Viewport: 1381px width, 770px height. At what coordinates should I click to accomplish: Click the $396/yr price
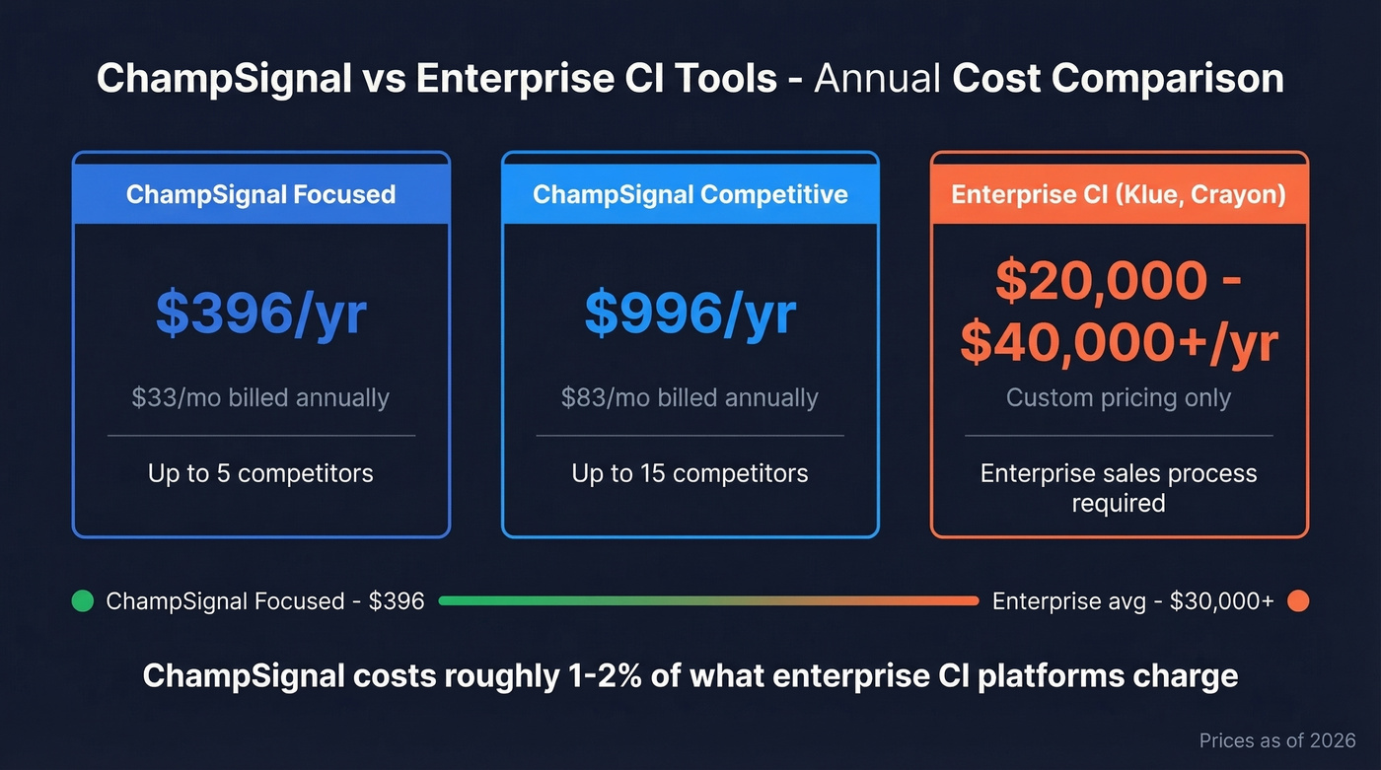pos(260,315)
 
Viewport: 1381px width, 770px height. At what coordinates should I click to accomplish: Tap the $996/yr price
pos(690,315)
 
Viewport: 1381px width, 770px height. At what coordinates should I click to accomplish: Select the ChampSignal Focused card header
pos(260,193)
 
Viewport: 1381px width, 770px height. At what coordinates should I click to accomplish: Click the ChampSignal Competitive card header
pos(690,193)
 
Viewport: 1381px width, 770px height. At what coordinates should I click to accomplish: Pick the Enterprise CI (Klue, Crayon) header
pos(1119,193)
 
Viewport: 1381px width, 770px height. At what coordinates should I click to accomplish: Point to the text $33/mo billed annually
pos(260,398)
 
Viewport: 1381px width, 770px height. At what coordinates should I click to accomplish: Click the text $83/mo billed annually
pos(690,398)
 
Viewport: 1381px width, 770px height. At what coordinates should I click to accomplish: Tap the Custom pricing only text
pos(1119,398)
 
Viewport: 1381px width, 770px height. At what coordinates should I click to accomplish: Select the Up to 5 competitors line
pos(260,473)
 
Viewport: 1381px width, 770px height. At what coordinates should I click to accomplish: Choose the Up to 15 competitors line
pos(690,473)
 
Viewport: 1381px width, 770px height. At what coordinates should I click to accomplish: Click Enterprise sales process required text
pos(1119,487)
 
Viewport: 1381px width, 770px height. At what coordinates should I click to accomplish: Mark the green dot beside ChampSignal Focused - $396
pos(83,600)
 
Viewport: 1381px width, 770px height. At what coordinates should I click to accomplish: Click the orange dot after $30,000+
pos(1298,600)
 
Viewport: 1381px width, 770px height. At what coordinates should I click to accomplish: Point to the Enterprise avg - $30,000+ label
pos(1132,600)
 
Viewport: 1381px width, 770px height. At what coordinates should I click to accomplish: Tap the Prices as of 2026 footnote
pos(1277,740)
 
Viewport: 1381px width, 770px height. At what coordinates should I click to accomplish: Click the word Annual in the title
pos(878,79)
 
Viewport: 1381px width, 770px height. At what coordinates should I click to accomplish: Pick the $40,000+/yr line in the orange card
pos(1119,343)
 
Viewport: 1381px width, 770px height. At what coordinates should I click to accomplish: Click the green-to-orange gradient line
pos(708,600)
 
